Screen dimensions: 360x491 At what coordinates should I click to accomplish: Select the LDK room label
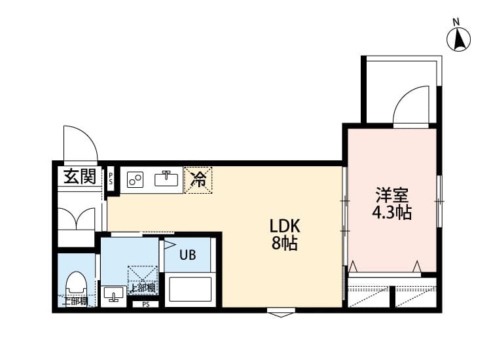pos(285,226)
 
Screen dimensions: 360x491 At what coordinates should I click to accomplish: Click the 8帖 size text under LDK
pos(285,244)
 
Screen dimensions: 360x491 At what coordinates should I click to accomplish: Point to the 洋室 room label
pos(391,195)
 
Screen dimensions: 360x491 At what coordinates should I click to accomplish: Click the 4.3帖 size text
pos(391,213)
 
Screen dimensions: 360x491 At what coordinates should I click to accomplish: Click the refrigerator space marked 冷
pos(198,178)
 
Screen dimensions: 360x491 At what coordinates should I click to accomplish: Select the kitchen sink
pos(168,178)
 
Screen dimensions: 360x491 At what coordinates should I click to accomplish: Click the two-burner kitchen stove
pos(136,179)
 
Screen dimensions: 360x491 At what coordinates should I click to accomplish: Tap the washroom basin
pos(114,295)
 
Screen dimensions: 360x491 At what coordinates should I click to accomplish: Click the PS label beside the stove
pos(111,179)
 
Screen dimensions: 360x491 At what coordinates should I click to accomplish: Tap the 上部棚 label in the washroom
pos(142,288)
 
